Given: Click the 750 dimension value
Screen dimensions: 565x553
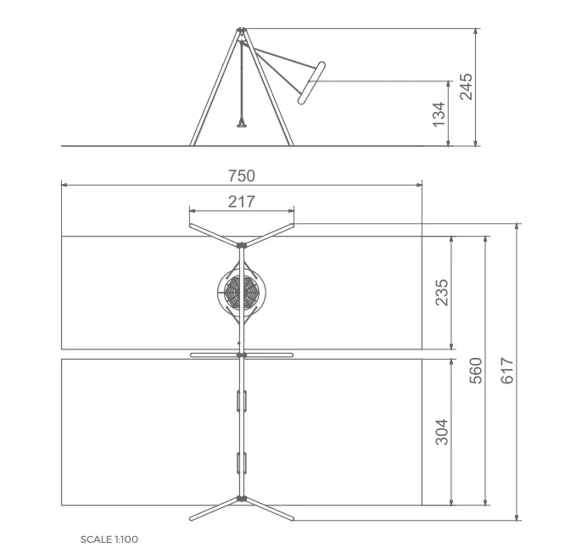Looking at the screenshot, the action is point(242,176).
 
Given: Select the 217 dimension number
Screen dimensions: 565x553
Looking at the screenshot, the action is point(242,202).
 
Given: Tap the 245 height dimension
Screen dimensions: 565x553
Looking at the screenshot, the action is point(466,87).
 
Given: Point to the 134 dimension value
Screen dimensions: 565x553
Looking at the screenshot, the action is point(439,115).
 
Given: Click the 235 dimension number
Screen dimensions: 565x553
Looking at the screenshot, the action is point(442,293).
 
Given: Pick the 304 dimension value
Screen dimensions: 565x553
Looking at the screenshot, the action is point(442,432).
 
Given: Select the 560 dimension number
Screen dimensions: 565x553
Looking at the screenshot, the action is point(476,371).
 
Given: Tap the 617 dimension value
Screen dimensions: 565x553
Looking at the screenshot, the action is point(507,371).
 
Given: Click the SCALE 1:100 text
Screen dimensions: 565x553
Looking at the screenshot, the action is point(109,539).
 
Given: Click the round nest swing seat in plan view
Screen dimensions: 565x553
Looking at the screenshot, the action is point(242,292).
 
